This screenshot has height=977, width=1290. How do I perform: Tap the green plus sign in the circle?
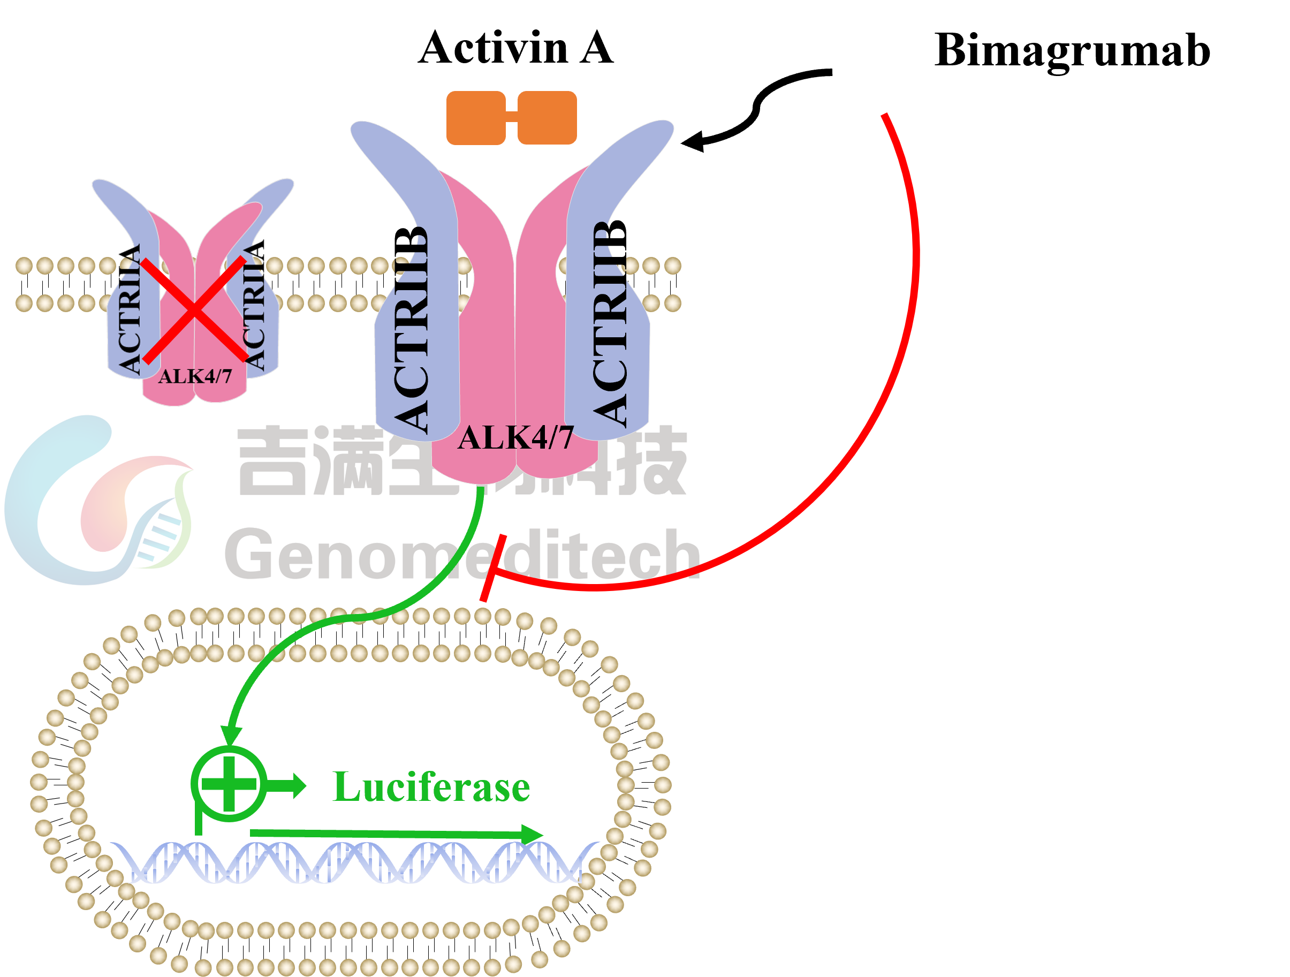click(229, 783)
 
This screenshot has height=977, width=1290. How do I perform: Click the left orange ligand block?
click(475, 117)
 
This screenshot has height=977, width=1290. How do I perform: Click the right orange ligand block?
click(547, 117)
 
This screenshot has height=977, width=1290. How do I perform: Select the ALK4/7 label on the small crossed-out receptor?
click(195, 376)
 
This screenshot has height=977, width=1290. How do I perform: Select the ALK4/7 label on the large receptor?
click(515, 437)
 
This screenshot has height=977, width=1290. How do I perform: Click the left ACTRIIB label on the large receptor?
click(412, 332)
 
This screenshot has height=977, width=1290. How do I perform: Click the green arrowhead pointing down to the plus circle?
click(231, 735)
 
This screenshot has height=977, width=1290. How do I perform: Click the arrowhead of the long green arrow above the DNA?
click(530, 834)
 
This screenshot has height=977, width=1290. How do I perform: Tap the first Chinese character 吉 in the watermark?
click(271, 461)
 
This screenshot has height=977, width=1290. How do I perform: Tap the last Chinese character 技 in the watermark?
click(653, 461)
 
